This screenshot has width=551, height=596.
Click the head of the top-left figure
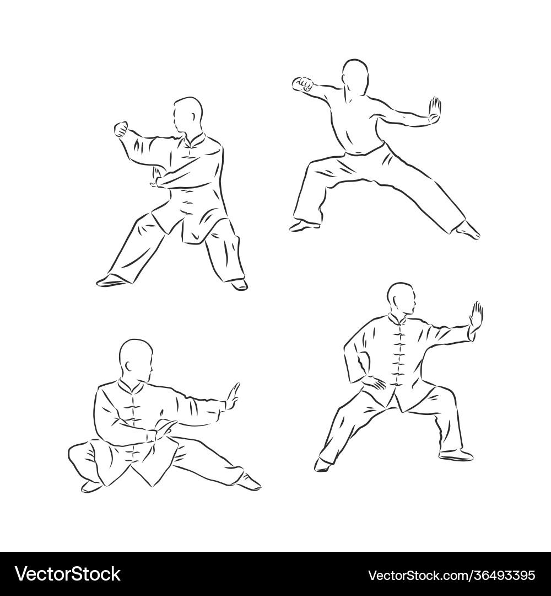[188, 115]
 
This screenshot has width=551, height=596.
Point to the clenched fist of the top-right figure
[303, 84]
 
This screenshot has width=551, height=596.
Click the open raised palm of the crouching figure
[233, 398]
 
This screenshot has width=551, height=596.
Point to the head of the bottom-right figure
[402, 299]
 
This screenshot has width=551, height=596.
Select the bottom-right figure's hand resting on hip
[374, 382]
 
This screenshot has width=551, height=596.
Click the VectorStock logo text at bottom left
[68, 574]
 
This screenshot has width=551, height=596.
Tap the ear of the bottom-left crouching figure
[127, 366]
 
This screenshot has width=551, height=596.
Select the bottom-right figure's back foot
[322, 465]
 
